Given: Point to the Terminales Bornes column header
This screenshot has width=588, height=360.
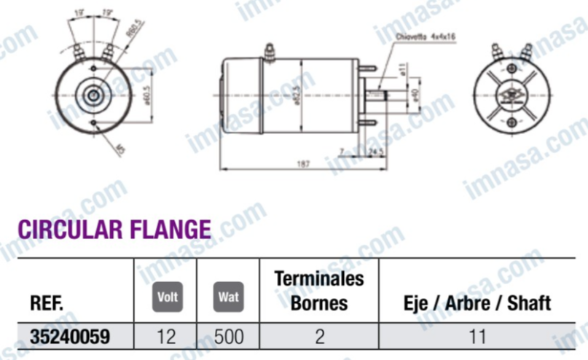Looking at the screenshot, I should [x=318, y=290].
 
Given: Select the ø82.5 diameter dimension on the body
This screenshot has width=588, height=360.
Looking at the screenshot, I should [x=297, y=95].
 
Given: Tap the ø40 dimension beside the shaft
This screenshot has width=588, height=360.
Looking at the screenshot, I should [x=413, y=95].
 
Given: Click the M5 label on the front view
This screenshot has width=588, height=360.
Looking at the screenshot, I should [x=120, y=148].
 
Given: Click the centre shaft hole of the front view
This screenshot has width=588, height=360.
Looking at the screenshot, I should [x=93, y=94].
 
